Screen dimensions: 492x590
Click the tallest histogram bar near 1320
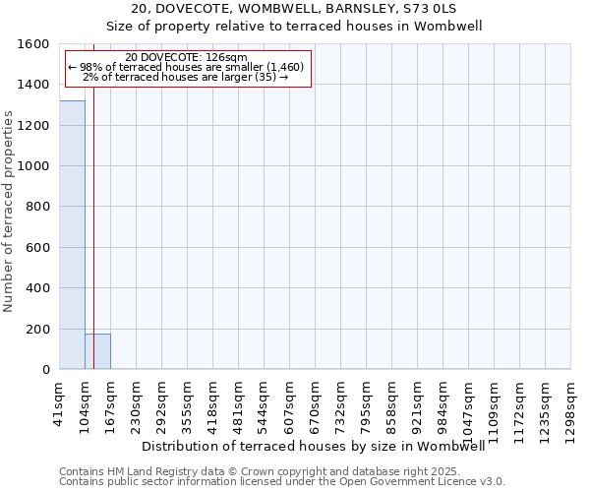point(72,234)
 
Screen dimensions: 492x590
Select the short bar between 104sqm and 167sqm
point(97,351)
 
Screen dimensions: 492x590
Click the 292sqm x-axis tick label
point(162,402)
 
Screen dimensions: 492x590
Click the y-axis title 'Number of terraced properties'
point(10,211)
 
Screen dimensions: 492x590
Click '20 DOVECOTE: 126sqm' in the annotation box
point(187,58)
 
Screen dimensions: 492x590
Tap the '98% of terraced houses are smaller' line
point(187,67)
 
